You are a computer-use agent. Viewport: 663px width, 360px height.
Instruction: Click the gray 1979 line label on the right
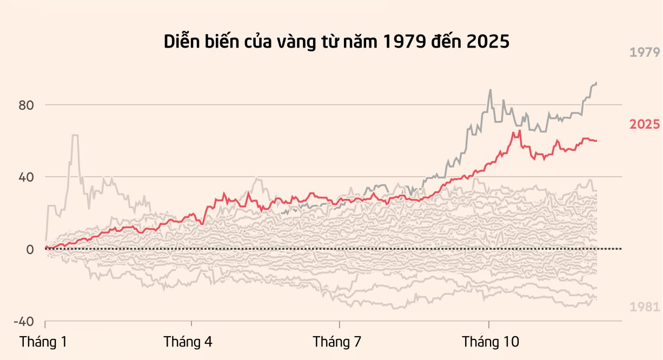(x=645, y=52)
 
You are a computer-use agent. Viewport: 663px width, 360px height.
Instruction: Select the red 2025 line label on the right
(x=645, y=124)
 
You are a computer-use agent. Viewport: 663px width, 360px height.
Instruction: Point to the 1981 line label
(x=645, y=307)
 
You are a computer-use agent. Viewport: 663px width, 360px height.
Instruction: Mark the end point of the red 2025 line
(x=596, y=141)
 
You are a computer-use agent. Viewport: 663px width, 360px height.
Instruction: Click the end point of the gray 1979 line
(x=596, y=83)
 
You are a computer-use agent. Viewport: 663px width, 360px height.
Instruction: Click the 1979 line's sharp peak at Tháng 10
(x=490, y=90)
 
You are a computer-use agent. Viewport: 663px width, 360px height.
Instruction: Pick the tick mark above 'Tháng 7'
(x=340, y=324)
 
